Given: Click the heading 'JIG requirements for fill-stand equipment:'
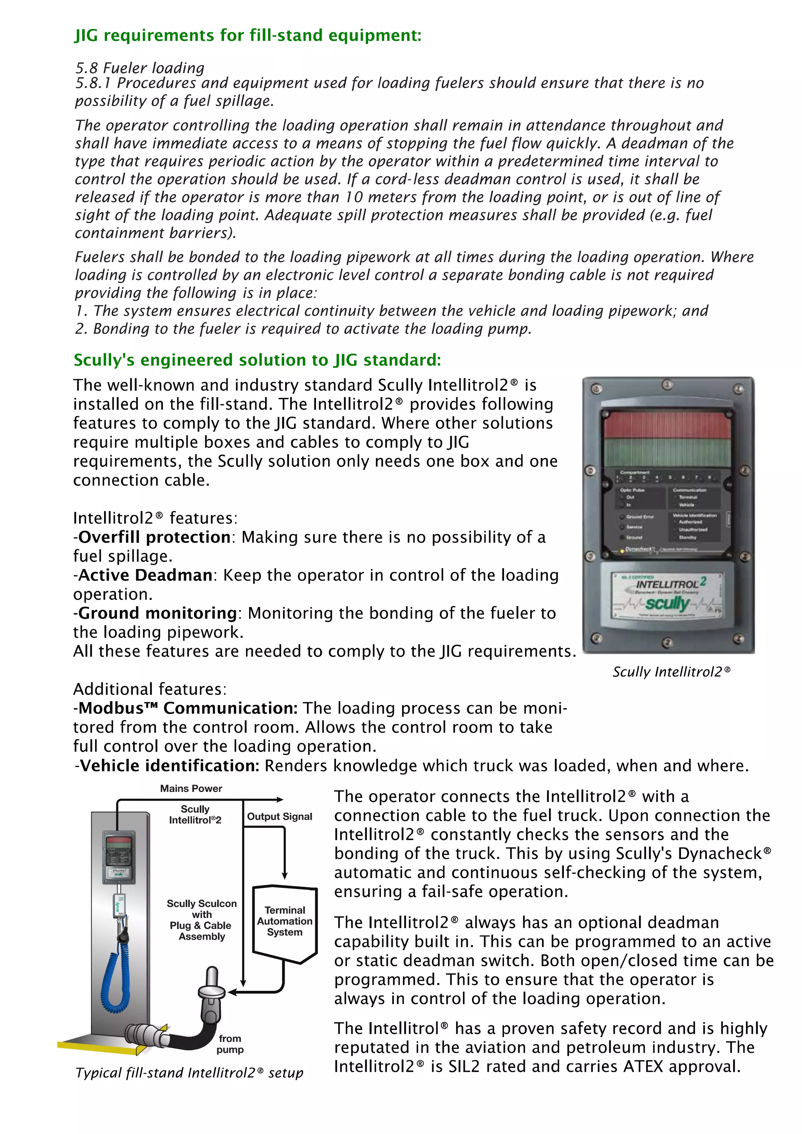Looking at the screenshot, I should pos(247,36).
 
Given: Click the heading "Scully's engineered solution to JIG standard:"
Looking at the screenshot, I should pos(257,360).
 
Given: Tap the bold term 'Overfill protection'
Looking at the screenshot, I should pos(154,537).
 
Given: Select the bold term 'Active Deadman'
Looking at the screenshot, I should pos(145,575).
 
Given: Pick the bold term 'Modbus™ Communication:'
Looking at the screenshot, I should pos(188,708).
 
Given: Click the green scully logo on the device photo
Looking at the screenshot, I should pos(667,603).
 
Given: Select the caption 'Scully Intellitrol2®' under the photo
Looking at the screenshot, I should pos(671,672).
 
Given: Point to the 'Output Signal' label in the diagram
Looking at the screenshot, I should pos(279,816).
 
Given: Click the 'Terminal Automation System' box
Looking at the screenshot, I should pos(285,921).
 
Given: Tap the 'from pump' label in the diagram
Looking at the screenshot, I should pos(230,1044).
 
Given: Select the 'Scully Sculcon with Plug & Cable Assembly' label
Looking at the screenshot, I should pos(202,920).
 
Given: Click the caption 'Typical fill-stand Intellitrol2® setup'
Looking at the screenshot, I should pos(189,1073).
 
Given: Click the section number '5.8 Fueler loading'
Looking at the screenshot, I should pos(140,68).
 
